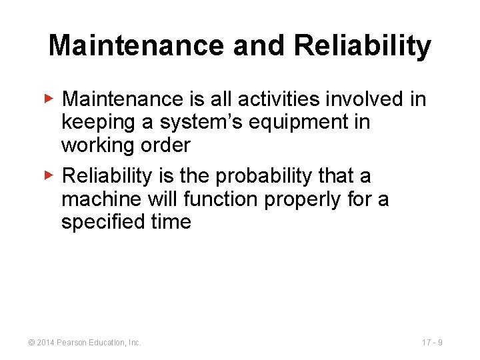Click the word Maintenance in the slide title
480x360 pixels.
135,46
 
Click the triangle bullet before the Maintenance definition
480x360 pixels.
49,99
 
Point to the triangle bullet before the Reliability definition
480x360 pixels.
49,176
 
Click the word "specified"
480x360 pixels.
100,223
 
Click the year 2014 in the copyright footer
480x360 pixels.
47,343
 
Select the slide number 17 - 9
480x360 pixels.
432,343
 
